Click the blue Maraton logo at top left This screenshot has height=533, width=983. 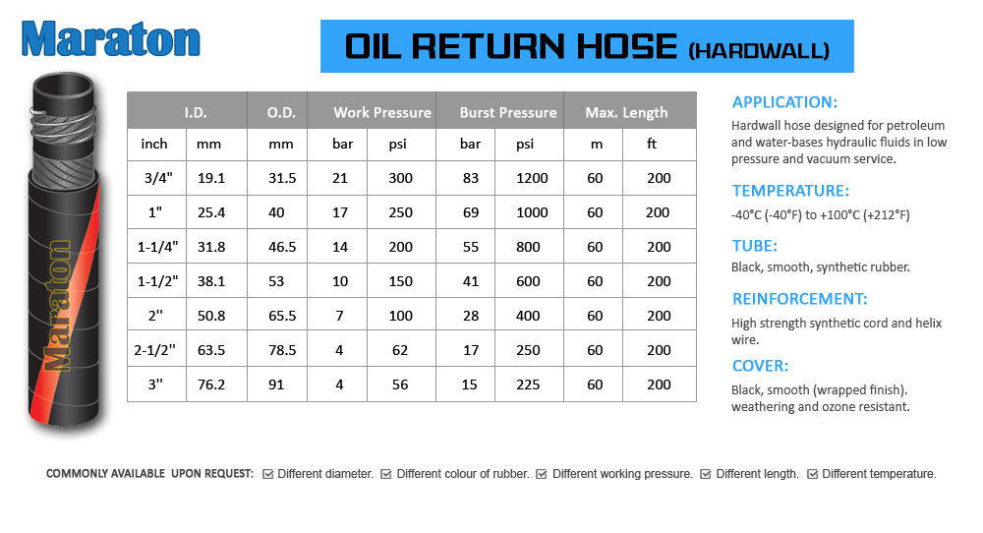(x=110, y=39)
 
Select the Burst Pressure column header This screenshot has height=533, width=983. (x=508, y=112)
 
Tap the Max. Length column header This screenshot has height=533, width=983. (x=626, y=113)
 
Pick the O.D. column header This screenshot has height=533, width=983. (x=281, y=113)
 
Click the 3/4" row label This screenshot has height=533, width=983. (x=158, y=178)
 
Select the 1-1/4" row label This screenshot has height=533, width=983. (x=157, y=247)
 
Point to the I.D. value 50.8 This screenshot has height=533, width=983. (x=211, y=316)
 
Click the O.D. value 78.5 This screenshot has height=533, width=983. (x=282, y=350)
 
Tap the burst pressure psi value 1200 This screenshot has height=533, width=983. (x=532, y=178)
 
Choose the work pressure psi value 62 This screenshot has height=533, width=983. (x=400, y=350)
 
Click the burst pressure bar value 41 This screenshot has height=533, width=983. (x=471, y=281)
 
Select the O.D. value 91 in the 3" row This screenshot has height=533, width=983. (x=276, y=385)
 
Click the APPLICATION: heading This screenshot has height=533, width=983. (x=784, y=102)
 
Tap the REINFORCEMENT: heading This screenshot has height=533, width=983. (x=800, y=299)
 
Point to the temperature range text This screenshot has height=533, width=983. (x=820, y=215)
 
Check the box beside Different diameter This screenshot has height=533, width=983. (x=267, y=474)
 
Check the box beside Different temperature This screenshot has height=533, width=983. (x=813, y=474)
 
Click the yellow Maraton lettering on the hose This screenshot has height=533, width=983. (x=56, y=306)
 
